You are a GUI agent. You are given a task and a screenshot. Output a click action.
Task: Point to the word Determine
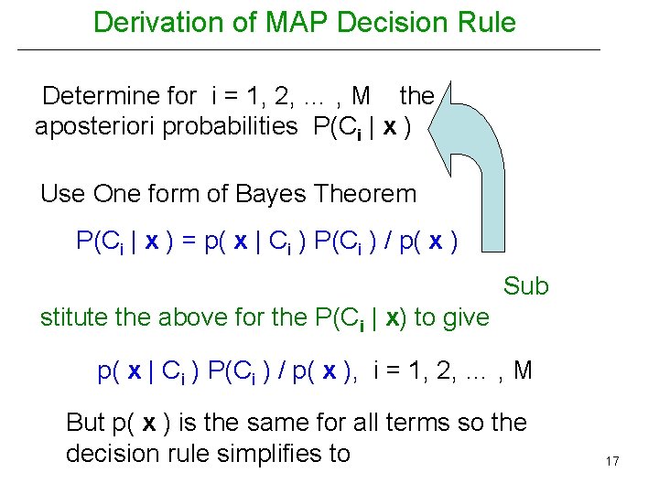point(119,95)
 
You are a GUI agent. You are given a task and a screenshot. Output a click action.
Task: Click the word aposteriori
point(95,126)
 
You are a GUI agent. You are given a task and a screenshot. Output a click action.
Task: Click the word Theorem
point(367,194)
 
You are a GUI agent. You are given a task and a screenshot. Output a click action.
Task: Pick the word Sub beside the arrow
point(525,286)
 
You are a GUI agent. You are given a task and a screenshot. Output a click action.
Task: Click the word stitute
point(73,317)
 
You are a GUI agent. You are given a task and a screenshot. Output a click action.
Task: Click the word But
point(86,423)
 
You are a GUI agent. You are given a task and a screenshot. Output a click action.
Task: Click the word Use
point(62,194)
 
